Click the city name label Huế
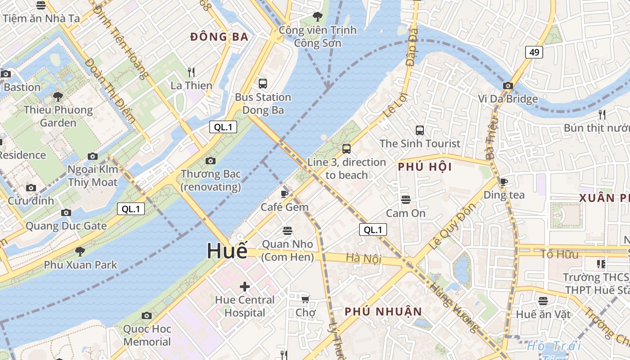pyautogui.click(x=227, y=251)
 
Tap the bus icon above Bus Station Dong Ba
pyautogui.click(x=263, y=83)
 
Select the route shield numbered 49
pyautogui.click(x=534, y=52)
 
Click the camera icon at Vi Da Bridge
pyautogui.click(x=508, y=85)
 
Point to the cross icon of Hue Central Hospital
pyautogui.click(x=245, y=286)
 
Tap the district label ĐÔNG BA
pyautogui.click(x=219, y=37)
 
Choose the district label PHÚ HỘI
pyautogui.click(x=424, y=167)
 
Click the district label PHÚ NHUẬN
pyautogui.click(x=383, y=311)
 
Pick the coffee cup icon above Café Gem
pyautogui.click(x=284, y=194)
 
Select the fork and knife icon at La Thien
pyautogui.click(x=191, y=72)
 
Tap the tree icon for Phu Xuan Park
pyautogui.click(x=80, y=251)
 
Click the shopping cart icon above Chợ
pyautogui.click(x=306, y=299)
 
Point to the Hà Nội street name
pyautogui.click(x=364, y=258)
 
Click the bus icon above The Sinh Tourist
pyautogui.click(x=420, y=130)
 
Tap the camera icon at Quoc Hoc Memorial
pyautogui.click(x=147, y=315)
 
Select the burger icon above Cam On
pyautogui.click(x=406, y=199)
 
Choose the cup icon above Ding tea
pyautogui.click(x=504, y=182)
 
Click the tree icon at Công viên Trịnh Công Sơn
pyautogui.click(x=318, y=17)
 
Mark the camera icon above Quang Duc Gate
pyautogui.click(x=66, y=212)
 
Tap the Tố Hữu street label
pyautogui.click(x=559, y=254)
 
